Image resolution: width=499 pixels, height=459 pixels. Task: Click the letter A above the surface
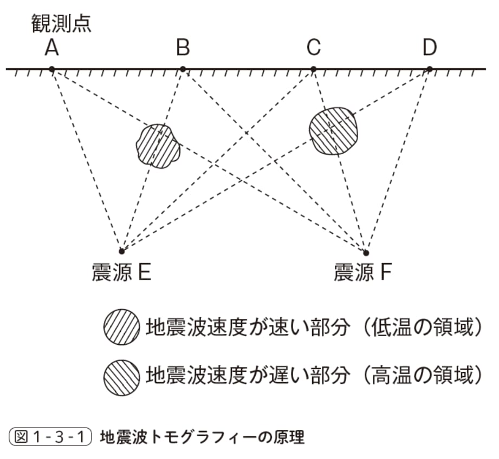pyautogui.click(x=51, y=48)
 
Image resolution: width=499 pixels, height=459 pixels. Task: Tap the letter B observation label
pyautogui.click(x=183, y=48)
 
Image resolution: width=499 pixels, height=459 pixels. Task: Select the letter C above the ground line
pyautogui.click(x=313, y=48)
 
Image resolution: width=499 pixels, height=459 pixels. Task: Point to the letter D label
pyautogui.click(x=430, y=48)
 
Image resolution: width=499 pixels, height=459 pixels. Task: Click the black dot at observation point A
pyautogui.click(x=51, y=69)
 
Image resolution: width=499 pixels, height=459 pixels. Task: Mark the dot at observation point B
pyautogui.click(x=183, y=69)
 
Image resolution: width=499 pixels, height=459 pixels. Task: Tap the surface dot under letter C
pyautogui.click(x=313, y=69)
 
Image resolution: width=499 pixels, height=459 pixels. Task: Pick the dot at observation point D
pyautogui.click(x=430, y=69)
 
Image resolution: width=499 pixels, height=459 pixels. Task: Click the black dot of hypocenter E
pyautogui.click(x=121, y=251)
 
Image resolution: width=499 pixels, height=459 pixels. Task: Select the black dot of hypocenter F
pyautogui.click(x=366, y=253)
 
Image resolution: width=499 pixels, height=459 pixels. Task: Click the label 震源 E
pyautogui.click(x=121, y=272)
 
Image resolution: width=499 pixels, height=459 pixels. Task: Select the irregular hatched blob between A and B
pyautogui.click(x=158, y=146)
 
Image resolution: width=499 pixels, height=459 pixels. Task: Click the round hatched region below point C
pyautogui.click(x=334, y=130)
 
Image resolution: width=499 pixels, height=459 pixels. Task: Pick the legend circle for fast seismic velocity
pyautogui.click(x=121, y=327)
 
